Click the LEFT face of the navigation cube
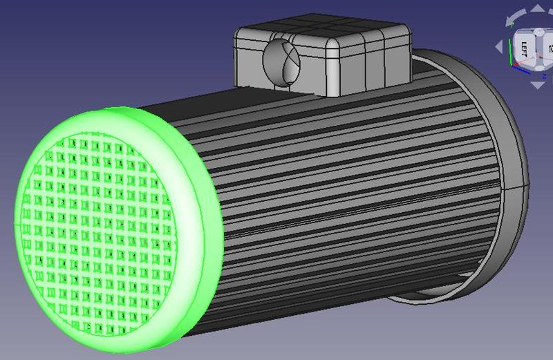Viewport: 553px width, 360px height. coord(524,48)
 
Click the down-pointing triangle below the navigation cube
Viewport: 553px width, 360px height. coord(537,85)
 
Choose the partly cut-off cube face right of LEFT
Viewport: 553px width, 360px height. coord(549,48)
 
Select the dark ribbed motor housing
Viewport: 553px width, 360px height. coord(346,193)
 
